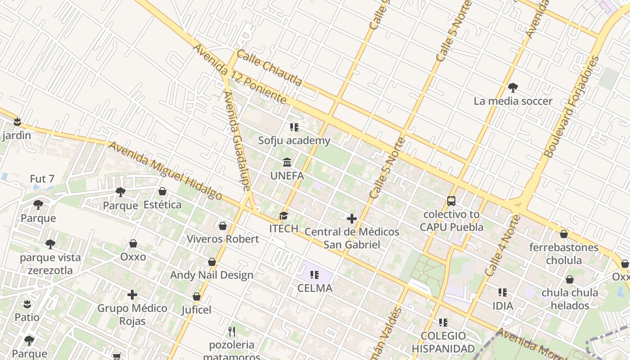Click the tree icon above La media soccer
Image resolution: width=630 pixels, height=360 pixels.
(x=513, y=88)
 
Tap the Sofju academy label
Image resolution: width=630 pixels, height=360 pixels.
(x=294, y=141)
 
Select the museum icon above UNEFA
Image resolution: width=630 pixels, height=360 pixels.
(x=287, y=162)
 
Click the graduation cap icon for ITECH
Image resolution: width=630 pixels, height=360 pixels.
(x=283, y=216)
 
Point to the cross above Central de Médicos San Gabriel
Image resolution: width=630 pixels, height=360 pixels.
(x=352, y=219)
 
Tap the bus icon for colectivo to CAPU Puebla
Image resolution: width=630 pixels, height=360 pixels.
(x=451, y=201)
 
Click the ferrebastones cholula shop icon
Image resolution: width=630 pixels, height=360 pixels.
(x=564, y=234)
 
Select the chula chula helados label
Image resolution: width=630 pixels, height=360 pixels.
(x=570, y=299)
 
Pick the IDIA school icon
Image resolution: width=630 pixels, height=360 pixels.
(x=503, y=293)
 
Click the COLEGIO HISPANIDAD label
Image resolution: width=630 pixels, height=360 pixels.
(x=443, y=342)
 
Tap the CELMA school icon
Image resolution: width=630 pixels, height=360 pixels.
(x=315, y=274)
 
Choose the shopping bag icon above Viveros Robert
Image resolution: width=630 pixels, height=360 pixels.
(x=223, y=226)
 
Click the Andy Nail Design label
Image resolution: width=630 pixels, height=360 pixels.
(x=211, y=275)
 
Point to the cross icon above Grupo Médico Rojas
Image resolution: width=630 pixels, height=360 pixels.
(x=132, y=295)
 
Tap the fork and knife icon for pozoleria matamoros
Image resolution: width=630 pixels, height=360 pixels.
(x=232, y=332)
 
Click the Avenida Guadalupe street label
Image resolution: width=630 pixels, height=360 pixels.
(x=237, y=141)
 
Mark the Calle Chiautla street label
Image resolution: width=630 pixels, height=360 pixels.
(x=269, y=68)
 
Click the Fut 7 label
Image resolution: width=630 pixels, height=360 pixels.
(x=42, y=179)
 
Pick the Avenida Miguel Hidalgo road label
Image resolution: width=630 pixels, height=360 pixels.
(x=165, y=171)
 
